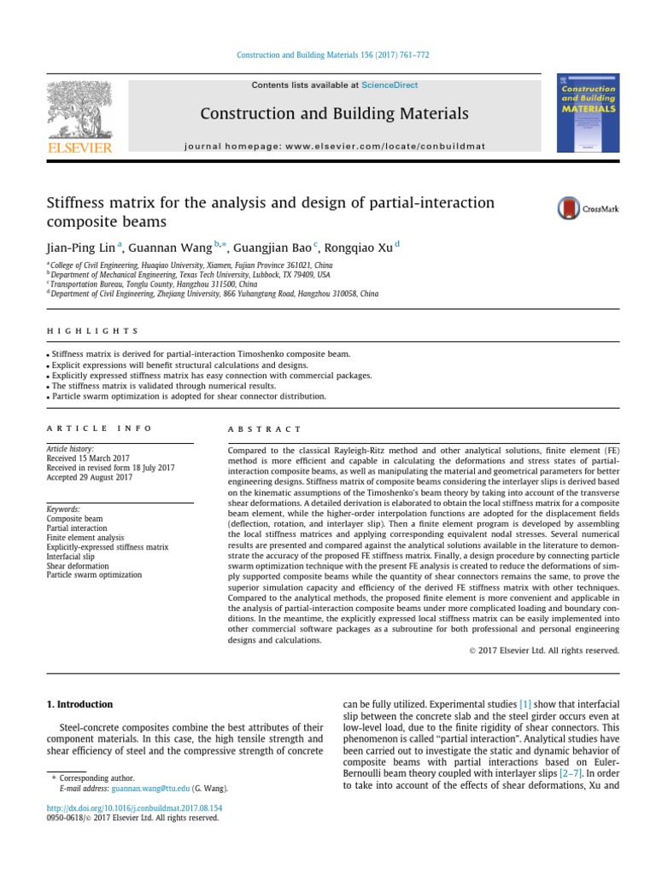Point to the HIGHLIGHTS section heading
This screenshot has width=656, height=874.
coord(91,331)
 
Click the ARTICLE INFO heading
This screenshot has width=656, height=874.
coord(98,428)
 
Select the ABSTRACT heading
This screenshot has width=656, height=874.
coord(266,428)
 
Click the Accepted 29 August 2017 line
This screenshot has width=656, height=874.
coord(89,477)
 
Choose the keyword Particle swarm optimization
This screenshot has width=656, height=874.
coord(94,574)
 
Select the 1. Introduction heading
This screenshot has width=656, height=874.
coord(78,704)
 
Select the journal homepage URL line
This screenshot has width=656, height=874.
coord(334,147)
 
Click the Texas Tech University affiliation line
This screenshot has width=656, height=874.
coord(190,275)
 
